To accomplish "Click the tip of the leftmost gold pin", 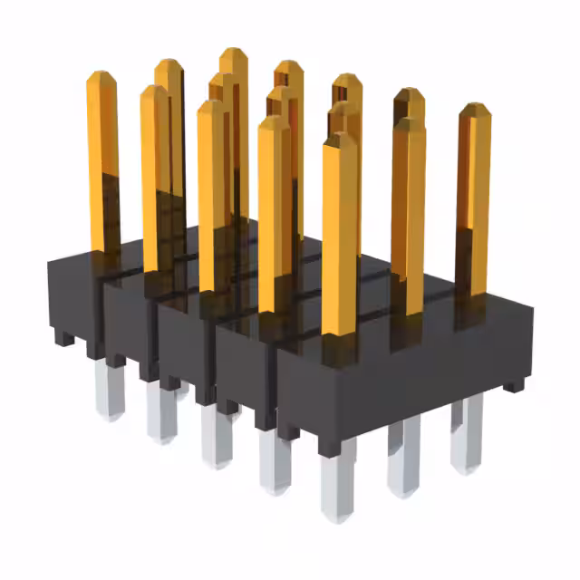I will click(x=102, y=74).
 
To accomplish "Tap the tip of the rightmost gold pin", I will click(x=475, y=107).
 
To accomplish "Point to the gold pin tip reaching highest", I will click(x=234, y=51).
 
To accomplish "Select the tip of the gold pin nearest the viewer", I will click(x=340, y=136).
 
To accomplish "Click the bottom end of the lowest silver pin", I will click(x=337, y=517).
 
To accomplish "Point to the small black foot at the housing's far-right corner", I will click(x=514, y=385).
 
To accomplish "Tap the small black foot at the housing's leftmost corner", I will click(x=63, y=338).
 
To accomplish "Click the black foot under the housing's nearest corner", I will click(x=330, y=445).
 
